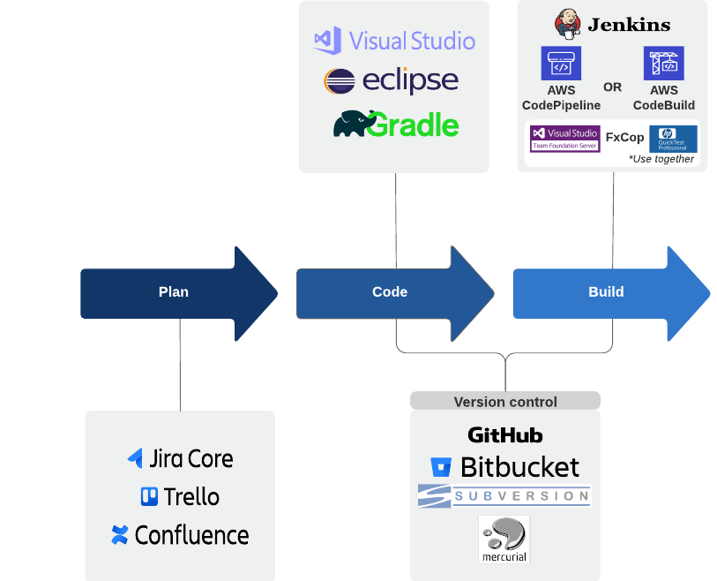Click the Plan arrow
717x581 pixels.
[174, 292]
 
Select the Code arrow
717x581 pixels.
[390, 292]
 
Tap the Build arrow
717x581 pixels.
[606, 292]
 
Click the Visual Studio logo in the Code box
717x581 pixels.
[394, 41]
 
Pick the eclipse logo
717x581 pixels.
[392, 81]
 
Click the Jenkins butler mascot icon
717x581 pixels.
[567, 23]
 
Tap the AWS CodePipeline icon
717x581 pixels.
[561, 64]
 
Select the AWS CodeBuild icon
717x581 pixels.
[663, 64]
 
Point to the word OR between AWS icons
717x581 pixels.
[612, 87]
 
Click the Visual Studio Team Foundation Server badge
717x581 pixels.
[564, 139]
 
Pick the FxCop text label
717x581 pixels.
[624, 138]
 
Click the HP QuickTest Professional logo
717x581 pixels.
[673, 139]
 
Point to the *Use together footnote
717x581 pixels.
[661, 159]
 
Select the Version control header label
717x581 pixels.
[505, 402]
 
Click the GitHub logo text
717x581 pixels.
[505, 435]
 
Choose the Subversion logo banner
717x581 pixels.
[504, 496]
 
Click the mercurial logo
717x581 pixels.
[504, 539]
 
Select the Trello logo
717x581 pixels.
[180, 497]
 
